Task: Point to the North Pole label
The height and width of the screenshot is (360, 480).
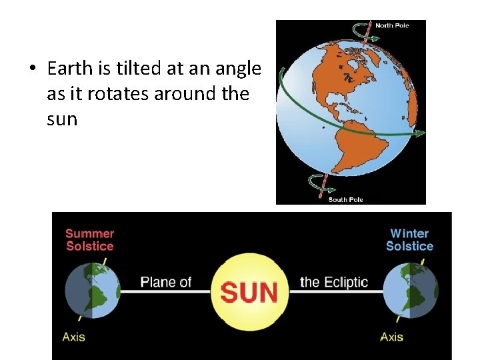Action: [392, 26]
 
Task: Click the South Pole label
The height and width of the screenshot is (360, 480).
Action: [345, 199]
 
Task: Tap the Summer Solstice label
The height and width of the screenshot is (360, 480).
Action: [90, 240]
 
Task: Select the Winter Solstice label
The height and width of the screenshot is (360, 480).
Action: [409, 240]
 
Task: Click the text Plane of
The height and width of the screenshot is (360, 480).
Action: [166, 282]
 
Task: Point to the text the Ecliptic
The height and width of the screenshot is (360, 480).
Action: [333, 282]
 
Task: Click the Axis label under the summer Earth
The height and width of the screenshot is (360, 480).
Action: [73, 337]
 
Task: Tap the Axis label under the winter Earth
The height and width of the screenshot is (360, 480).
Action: [391, 337]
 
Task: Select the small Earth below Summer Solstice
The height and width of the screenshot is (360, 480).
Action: [93, 291]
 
